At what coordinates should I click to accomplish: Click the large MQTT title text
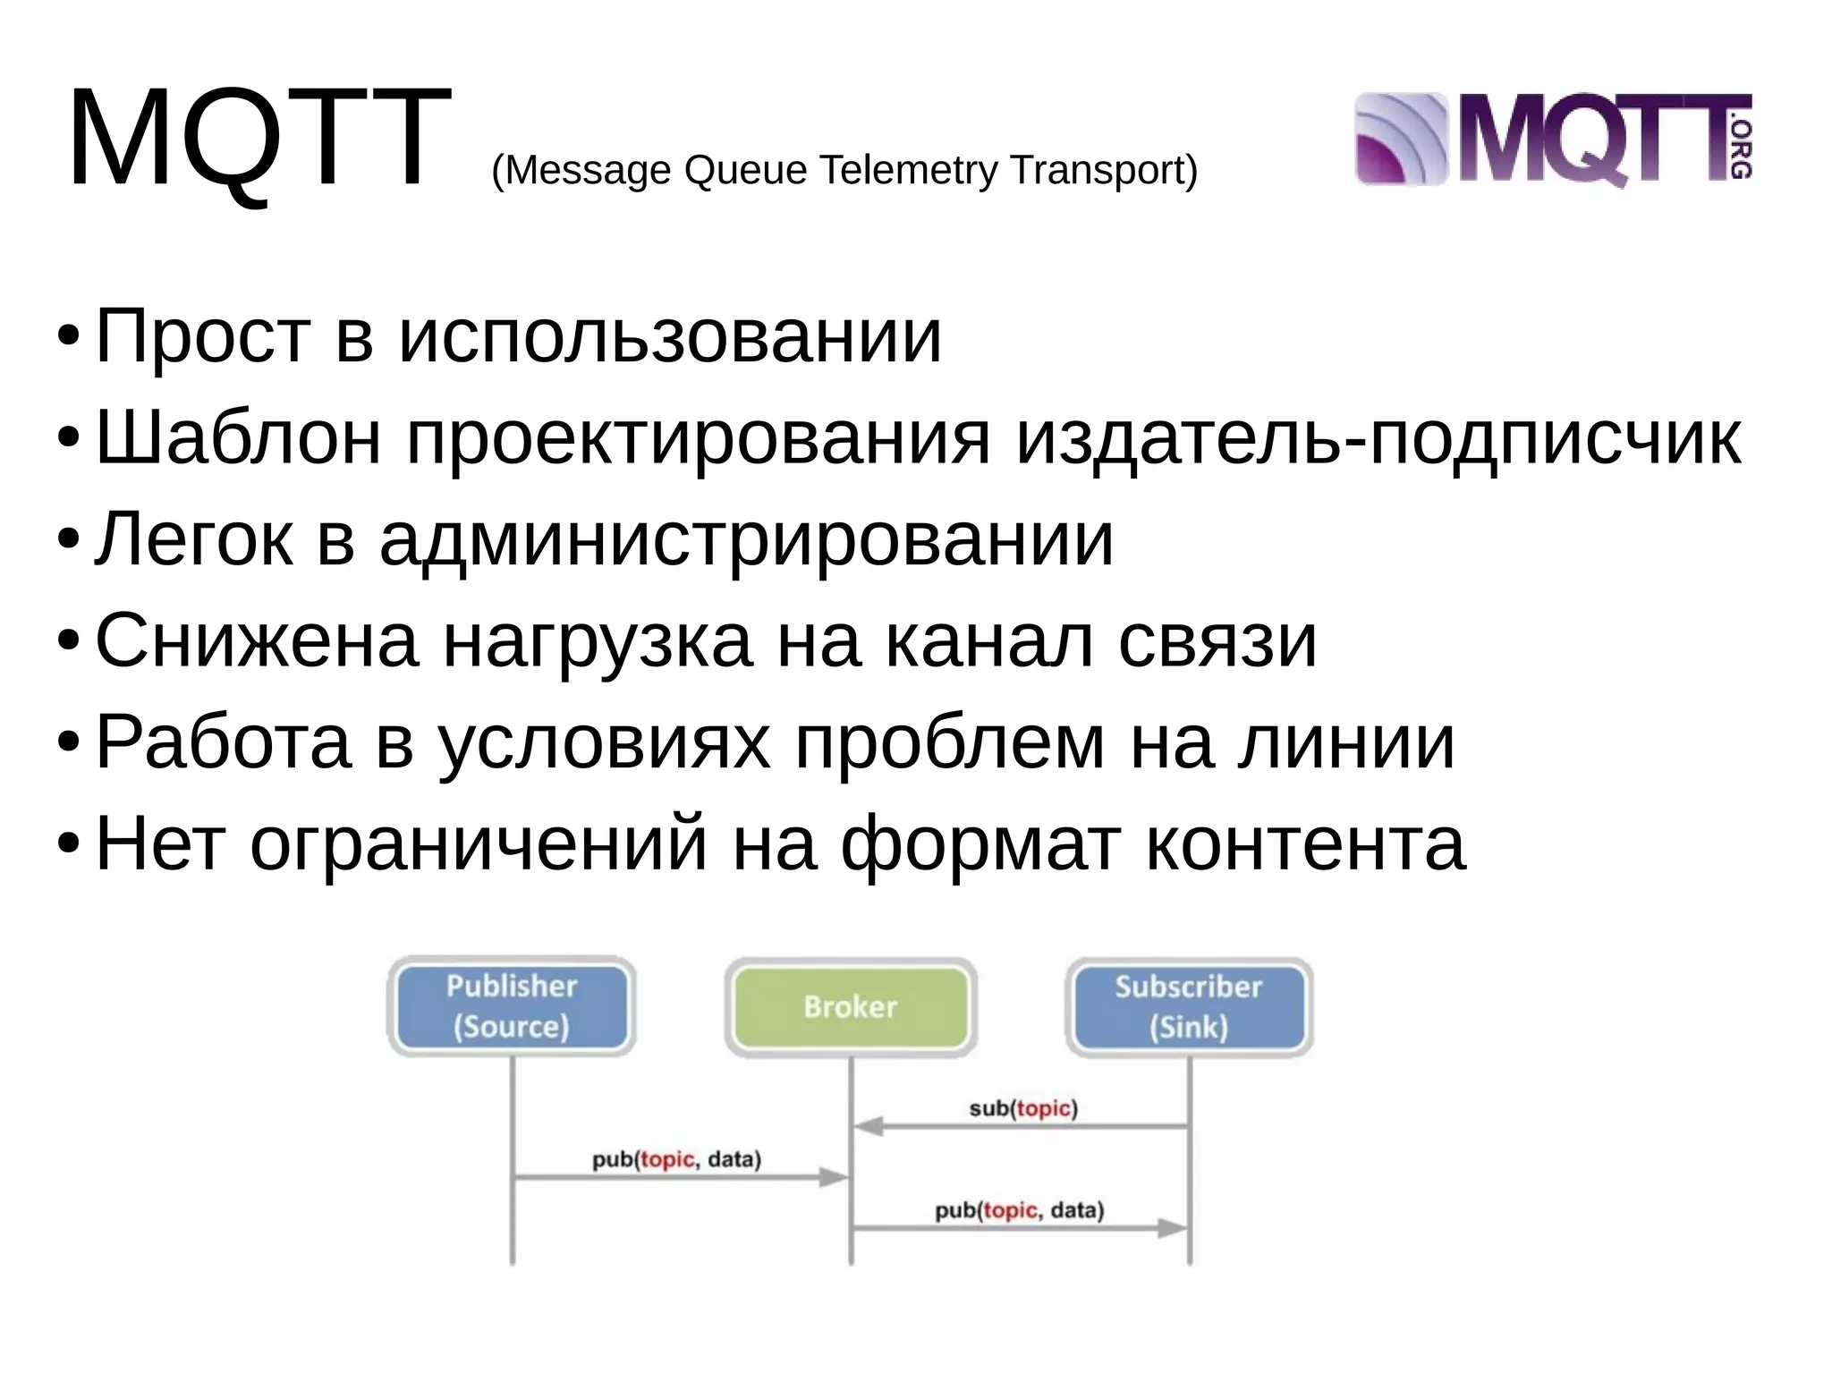[x=259, y=139]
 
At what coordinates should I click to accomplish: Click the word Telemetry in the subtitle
[x=908, y=170]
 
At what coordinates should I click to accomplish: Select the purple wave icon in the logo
[x=1401, y=140]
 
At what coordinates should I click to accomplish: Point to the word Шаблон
[x=238, y=438]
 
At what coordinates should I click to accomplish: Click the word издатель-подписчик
[x=1378, y=438]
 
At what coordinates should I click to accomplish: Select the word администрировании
[x=746, y=540]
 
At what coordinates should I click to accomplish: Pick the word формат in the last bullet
[x=980, y=844]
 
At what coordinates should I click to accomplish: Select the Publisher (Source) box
[x=511, y=1006]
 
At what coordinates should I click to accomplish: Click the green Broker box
[x=850, y=1007]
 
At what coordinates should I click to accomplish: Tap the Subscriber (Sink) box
[x=1189, y=1007]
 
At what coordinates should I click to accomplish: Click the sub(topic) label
[x=1023, y=1109]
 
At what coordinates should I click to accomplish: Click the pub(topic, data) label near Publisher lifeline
[x=676, y=1160]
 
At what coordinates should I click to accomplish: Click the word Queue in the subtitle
[x=745, y=170]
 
